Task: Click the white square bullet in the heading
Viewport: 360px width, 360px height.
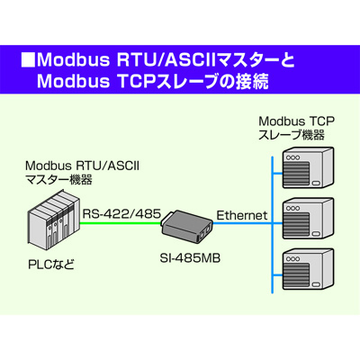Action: coord(28,60)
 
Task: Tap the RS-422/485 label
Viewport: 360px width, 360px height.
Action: coord(121,214)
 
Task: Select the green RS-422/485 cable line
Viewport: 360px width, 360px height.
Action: coord(121,223)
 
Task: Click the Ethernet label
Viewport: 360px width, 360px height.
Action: coord(242,215)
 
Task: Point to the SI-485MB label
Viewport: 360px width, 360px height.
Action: coord(190,258)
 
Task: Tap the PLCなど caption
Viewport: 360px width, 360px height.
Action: coord(51,265)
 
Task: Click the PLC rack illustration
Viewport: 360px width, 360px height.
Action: coord(54,218)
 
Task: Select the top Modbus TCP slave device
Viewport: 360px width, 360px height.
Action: coord(309,168)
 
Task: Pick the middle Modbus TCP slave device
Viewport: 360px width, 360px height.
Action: coord(309,218)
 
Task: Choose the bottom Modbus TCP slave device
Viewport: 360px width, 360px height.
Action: coord(309,269)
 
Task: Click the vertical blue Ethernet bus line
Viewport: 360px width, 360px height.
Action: coord(272,225)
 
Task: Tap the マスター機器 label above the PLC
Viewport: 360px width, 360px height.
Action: coord(58,180)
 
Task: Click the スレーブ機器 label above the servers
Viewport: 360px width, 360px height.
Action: coord(292,135)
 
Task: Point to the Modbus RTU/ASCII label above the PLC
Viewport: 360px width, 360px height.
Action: coord(82,166)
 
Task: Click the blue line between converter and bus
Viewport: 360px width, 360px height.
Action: coord(242,223)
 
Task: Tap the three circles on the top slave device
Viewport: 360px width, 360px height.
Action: coord(293,157)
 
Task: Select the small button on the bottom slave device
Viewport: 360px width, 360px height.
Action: coord(316,284)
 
